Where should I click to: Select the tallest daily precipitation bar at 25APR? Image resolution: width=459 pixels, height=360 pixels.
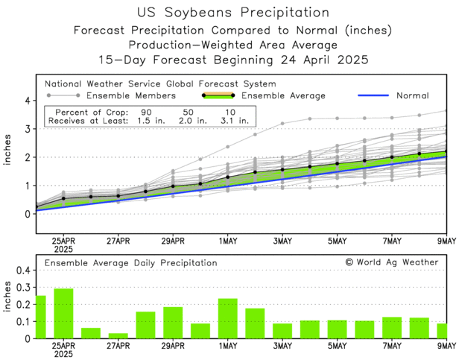(x=63, y=314)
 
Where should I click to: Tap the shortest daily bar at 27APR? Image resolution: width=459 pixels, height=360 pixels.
(x=118, y=335)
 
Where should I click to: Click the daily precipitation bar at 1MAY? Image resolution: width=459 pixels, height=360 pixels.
(x=227, y=318)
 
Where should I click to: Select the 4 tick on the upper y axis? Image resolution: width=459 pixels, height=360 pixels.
(x=27, y=100)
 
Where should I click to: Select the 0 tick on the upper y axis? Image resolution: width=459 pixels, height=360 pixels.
(x=27, y=214)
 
